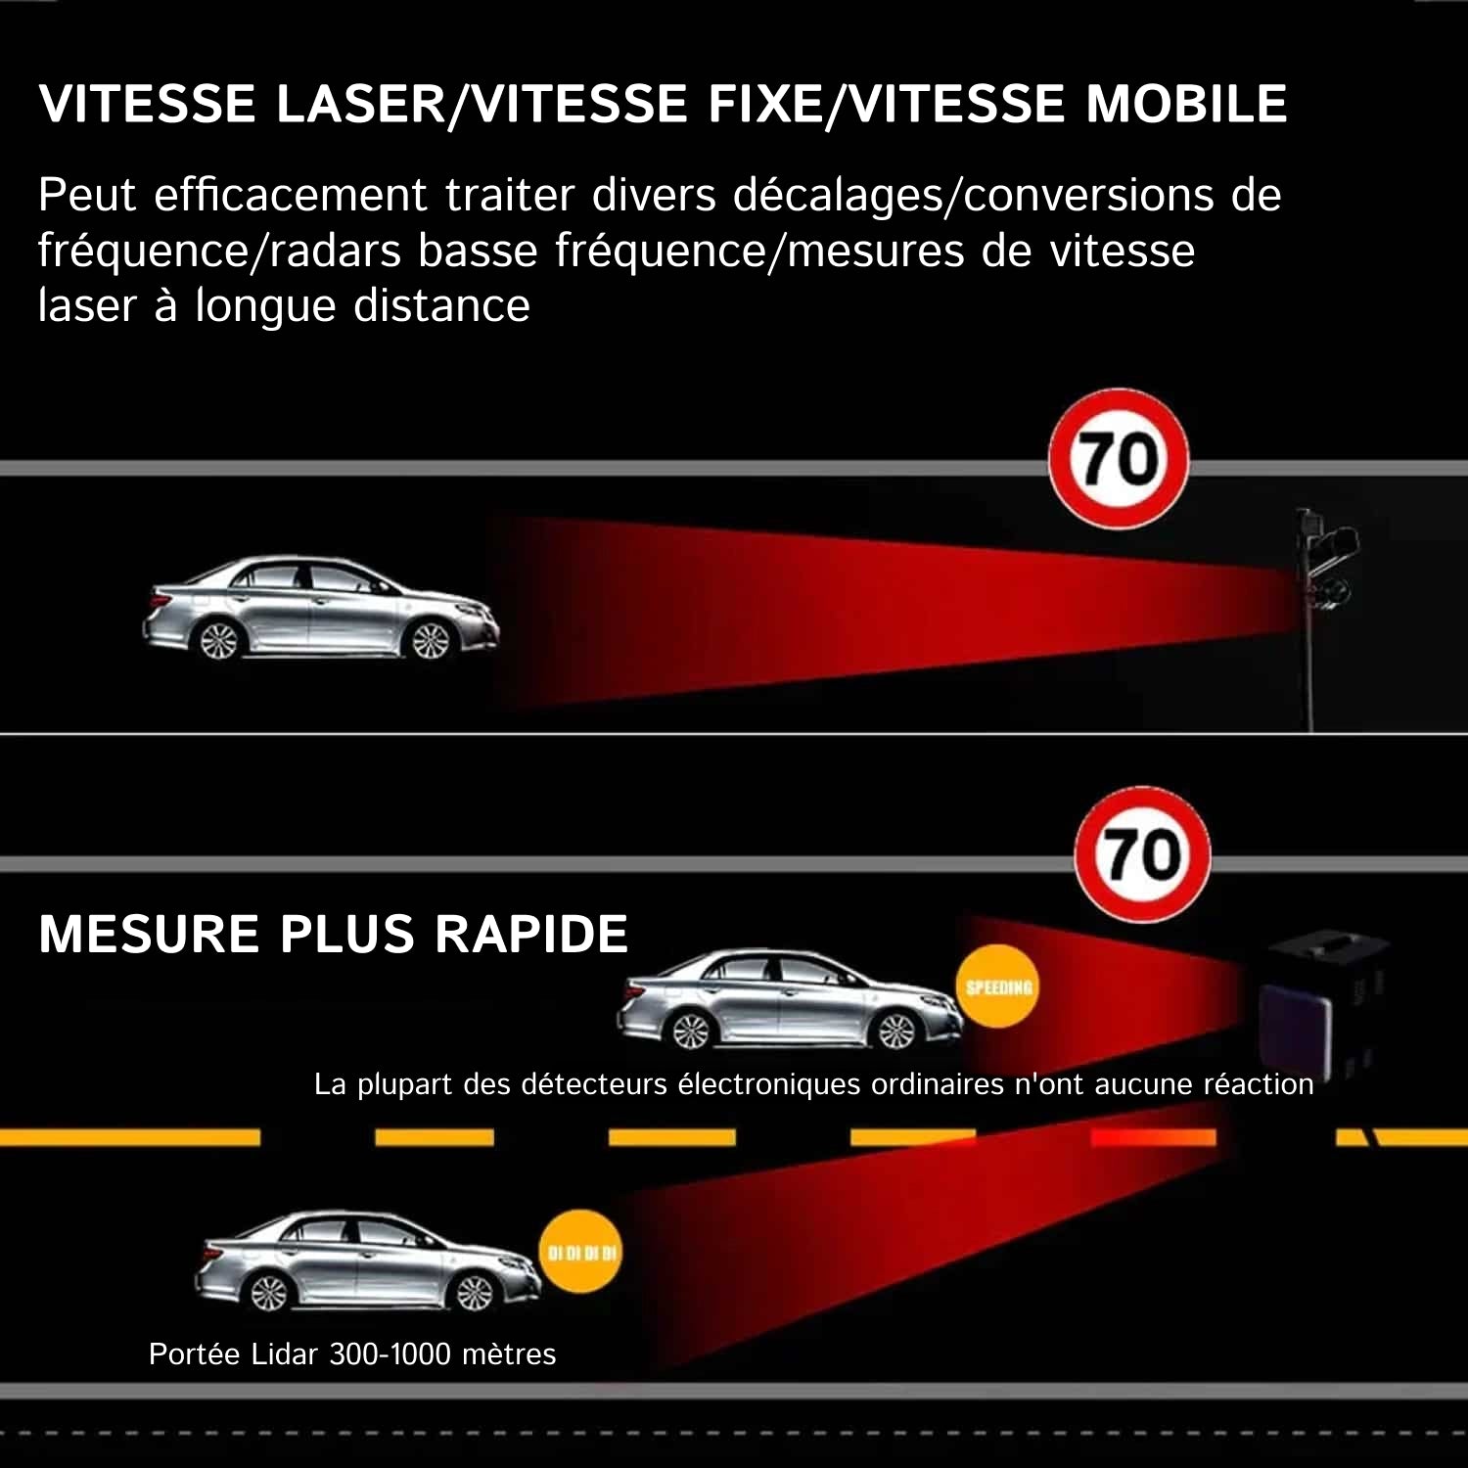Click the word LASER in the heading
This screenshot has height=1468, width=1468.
[360, 104]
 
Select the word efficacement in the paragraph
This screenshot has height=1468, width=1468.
[290, 195]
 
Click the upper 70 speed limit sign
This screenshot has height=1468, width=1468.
[1119, 459]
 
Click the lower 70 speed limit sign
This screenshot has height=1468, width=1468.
[1142, 853]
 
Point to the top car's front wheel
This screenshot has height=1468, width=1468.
[430, 641]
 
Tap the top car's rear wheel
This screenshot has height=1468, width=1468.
[217, 641]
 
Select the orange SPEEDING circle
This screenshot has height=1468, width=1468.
[998, 986]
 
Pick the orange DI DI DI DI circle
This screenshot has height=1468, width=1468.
[582, 1252]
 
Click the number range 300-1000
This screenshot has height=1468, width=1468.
[390, 1354]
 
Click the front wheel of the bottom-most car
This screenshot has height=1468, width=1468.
[475, 1292]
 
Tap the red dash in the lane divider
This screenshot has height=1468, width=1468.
[1152, 1137]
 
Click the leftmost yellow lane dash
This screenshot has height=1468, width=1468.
[129, 1137]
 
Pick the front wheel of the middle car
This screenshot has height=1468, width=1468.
[895, 1030]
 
